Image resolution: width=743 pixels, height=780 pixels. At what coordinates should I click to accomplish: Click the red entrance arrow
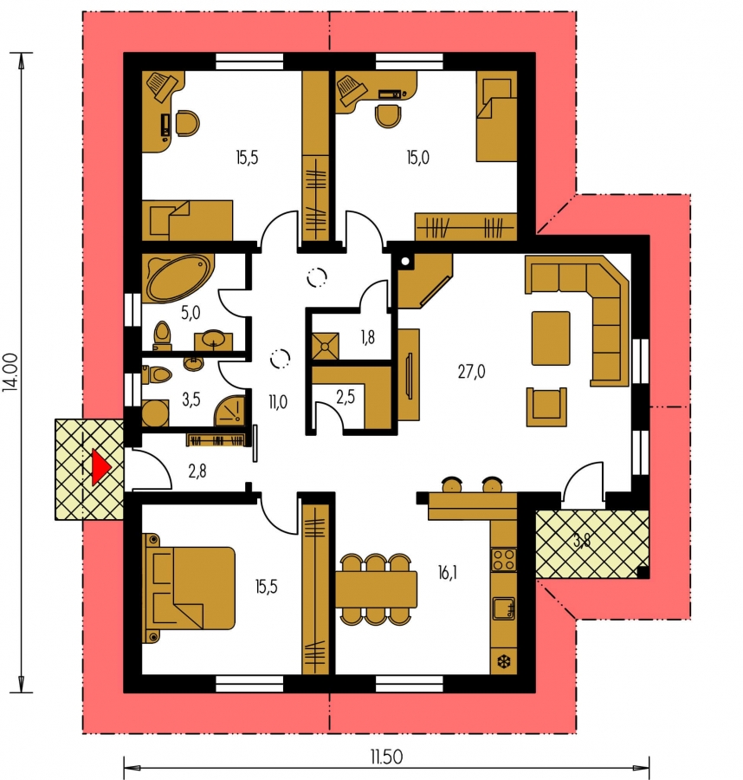[x=100, y=468]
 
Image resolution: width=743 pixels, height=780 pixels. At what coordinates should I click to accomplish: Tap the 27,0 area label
[x=471, y=372]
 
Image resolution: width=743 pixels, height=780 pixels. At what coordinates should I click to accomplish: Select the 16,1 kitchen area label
[x=448, y=573]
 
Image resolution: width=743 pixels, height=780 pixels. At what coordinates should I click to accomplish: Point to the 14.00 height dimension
[x=11, y=372]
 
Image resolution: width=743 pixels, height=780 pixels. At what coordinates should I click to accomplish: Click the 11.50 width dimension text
[x=386, y=757]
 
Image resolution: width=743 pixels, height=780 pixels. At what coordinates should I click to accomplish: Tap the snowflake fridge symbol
[x=504, y=662]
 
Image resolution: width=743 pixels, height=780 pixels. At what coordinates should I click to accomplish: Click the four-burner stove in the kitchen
[x=504, y=559]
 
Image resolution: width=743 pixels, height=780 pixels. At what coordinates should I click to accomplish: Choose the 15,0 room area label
[x=417, y=158]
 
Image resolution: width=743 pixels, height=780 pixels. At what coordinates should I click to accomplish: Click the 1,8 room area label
[x=368, y=338]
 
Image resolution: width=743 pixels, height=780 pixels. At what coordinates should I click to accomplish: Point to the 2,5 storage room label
[x=346, y=397]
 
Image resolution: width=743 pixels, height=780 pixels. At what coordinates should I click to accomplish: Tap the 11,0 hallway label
[x=277, y=401]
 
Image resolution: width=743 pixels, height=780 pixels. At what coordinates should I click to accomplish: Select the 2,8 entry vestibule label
[x=197, y=471]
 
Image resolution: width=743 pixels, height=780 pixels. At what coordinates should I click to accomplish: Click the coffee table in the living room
[x=551, y=338]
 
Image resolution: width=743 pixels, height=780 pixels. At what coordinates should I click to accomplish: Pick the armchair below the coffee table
[x=546, y=407]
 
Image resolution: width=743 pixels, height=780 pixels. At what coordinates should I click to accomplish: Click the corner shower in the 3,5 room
[x=229, y=411]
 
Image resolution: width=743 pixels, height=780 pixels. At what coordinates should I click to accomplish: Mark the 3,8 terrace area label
[x=582, y=541]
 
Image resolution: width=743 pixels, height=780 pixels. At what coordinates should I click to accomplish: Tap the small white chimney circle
[x=405, y=261]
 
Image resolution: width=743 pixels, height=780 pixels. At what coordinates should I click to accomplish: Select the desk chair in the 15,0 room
[x=388, y=116]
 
